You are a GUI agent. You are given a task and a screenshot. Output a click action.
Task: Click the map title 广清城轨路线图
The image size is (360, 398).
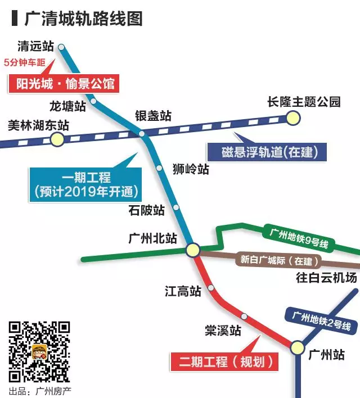83,18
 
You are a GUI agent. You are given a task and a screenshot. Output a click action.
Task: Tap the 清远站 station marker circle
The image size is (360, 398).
61,47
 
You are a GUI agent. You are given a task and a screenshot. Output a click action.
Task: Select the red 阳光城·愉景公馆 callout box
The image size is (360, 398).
62,84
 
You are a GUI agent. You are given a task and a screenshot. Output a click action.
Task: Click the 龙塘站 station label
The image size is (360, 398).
67,105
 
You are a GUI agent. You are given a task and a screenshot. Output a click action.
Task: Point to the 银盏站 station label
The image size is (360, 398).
153,116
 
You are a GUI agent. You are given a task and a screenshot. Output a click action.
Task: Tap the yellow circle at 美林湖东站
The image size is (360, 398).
57,139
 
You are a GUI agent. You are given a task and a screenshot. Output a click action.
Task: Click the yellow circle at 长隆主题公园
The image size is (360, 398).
292,117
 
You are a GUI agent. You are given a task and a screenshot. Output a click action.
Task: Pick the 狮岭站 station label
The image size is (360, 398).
191,168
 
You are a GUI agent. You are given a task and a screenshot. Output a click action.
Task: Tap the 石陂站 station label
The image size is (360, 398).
147,210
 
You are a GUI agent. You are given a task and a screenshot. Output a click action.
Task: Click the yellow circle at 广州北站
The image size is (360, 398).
192,249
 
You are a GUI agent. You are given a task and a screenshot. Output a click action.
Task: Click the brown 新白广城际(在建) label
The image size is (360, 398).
279,261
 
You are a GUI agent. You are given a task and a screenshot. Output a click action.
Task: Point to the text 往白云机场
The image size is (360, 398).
326,278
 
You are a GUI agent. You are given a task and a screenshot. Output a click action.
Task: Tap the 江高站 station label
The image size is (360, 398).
183,291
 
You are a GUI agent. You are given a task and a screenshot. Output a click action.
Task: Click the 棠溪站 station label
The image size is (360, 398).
223,331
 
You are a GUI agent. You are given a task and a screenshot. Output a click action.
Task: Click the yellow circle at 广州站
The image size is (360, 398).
298,347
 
